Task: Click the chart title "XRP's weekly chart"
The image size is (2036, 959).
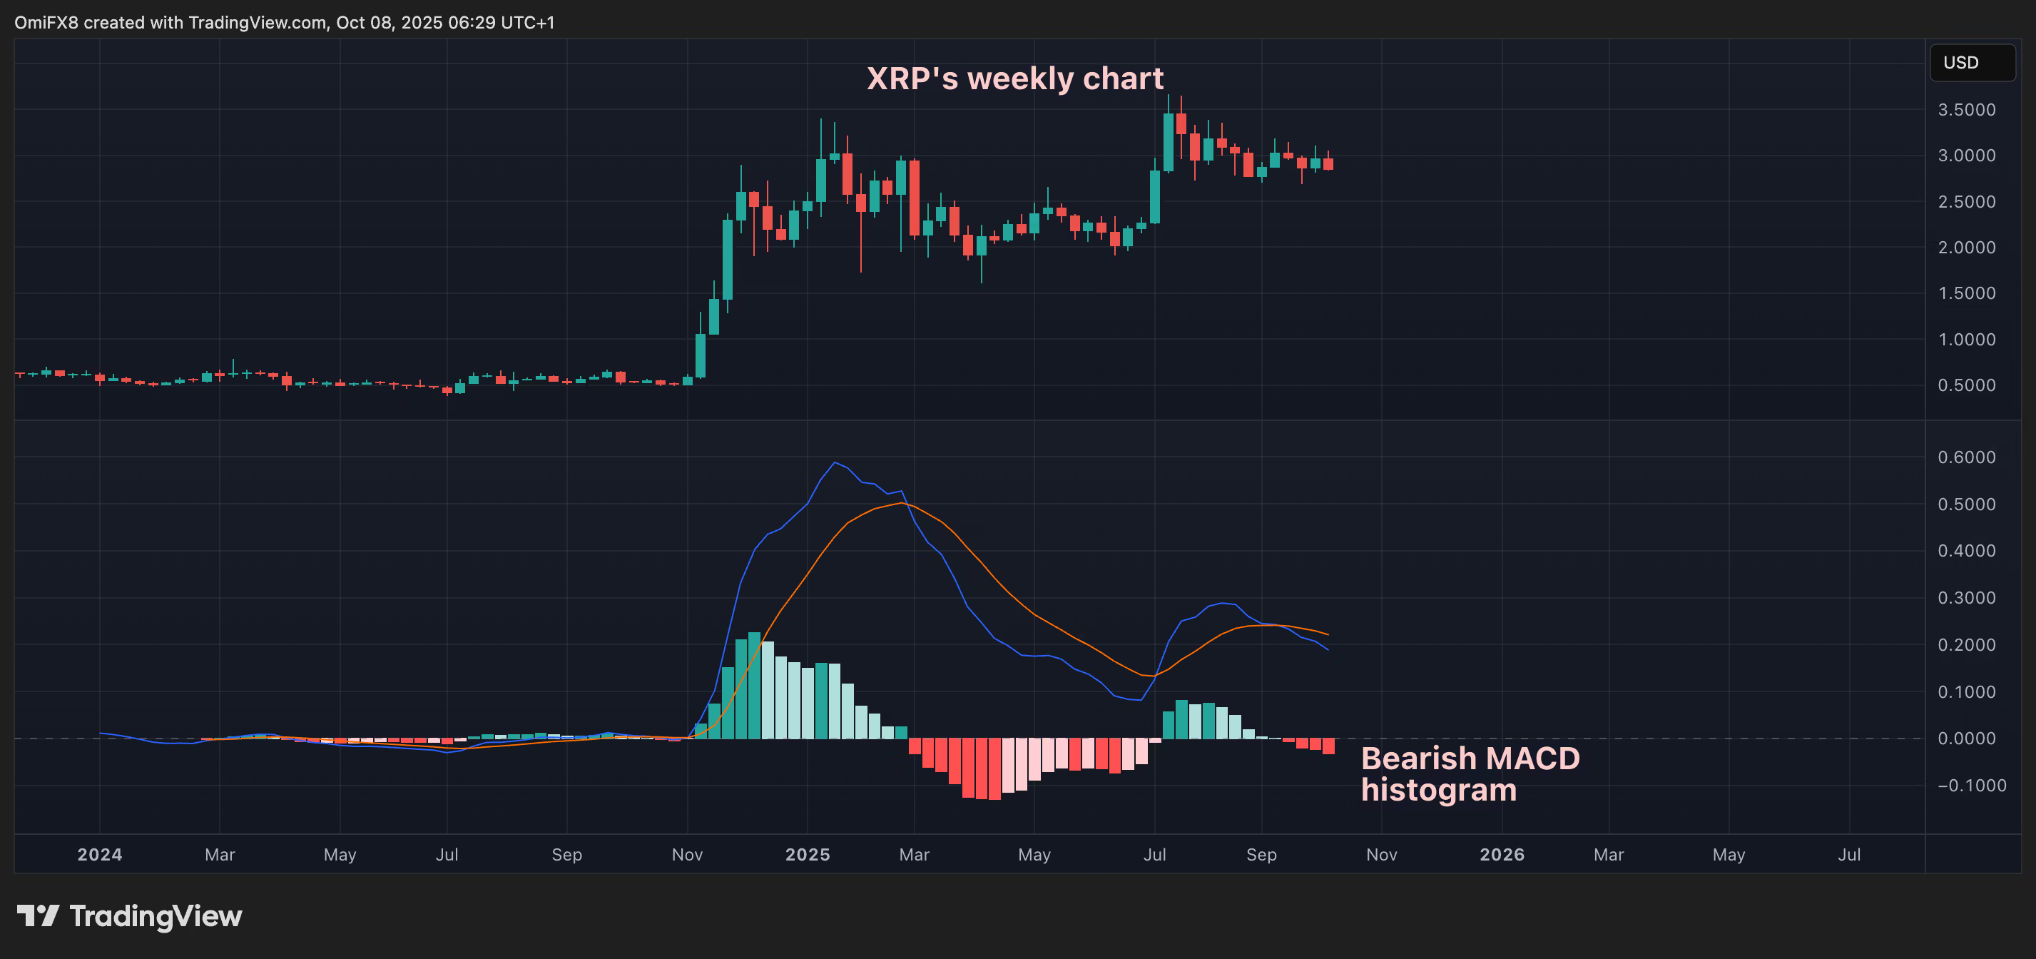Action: (1015, 79)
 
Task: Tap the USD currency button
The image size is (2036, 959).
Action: (1971, 63)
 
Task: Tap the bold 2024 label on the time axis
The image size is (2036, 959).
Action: (100, 855)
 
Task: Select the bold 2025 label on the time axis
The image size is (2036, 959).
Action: (807, 855)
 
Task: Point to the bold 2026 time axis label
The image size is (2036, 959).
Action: (1502, 855)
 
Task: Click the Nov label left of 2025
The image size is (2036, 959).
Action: (687, 855)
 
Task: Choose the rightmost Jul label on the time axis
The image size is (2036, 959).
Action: (1848, 855)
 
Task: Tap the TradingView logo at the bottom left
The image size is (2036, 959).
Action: (130, 916)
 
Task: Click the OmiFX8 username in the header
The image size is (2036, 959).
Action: (46, 22)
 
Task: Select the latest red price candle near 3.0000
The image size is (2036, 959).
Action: (1328, 163)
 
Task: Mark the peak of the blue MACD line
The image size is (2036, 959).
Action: (835, 462)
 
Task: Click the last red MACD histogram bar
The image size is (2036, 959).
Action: (1328, 746)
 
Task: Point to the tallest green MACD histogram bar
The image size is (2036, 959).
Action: (754, 686)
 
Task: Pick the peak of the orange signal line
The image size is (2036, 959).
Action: (901, 503)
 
